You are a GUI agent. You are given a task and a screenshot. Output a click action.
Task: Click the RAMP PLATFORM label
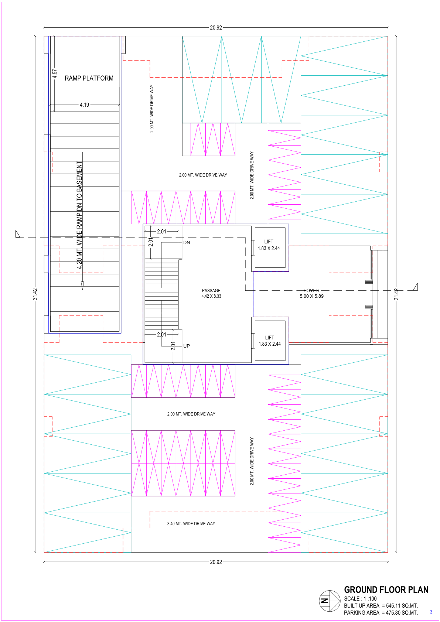coord(89,78)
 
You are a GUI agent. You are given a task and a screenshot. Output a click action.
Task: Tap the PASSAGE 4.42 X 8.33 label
coord(211,293)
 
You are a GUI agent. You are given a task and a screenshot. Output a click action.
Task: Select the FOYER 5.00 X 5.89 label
coord(311,293)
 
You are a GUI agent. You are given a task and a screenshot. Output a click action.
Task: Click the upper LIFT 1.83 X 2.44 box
coord(270,248)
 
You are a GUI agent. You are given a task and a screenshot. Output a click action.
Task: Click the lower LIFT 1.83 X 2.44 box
coord(270,341)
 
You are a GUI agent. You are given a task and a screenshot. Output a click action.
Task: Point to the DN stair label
coord(187,242)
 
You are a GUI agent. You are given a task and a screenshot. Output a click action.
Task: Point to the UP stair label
coord(187,346)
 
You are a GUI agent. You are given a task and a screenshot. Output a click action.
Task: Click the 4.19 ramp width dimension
coord(85,105)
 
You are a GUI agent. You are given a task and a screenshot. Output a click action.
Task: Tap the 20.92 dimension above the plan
coord(216,27)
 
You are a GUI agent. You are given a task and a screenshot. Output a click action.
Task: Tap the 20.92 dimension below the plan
coord(216,562)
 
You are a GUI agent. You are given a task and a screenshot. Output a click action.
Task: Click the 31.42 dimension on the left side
coord(35,294)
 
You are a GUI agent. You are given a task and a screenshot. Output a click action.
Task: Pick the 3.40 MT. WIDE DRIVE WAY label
coord(191,523)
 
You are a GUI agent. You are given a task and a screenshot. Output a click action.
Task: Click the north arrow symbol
coord(330,601)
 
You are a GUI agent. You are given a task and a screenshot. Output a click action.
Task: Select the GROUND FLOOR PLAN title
coord(386,589)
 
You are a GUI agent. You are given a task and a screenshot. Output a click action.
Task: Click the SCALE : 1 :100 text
coord(360,598)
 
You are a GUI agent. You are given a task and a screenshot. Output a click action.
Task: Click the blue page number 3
coord(431,612)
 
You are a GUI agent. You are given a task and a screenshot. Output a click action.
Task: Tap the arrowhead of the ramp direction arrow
coord(82,286)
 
